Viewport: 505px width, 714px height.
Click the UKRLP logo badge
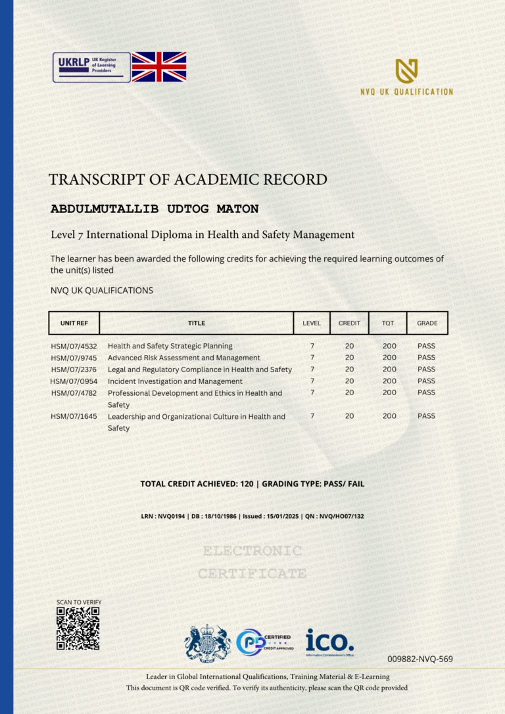pyautogui.click(x=91, y=67)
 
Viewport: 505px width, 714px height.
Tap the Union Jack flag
pyautogui.click(x=159, y=67)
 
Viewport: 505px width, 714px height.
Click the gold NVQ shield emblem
pyautogui.click(x=406, y=70)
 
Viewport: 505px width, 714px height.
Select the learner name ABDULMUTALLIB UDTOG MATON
pyautogui.click(x=155, y=209)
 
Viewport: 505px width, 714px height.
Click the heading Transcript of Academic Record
pyautogui.click(x=187, y=179)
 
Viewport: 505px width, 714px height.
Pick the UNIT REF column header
pyautogui.click(x=74, y=323)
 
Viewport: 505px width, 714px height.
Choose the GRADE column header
pyautogui.click(x=427, y=323)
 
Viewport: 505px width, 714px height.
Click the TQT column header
pyautogui.click(x=388, y=323)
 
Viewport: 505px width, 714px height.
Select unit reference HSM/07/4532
pyautogui.click(x=74, y=346)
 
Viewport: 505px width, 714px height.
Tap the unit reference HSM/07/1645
pyautogui.click(x=74, y=416)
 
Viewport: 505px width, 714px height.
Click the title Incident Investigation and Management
pyautogui.click(x=175, y=381)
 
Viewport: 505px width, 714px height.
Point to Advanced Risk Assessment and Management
pyautogui.click(x=184, y=358)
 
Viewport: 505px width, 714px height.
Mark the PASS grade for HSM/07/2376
pyautogui.click(x=426, y=369)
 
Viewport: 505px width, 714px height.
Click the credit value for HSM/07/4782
pyautogui.click(x=349, y=393)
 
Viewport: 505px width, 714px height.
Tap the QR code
pyautogui.click(x=78, y=629)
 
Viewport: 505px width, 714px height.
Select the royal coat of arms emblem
pyautogui.click(x=207, y=642)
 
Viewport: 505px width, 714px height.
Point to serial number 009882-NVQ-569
pyautogui.click(x=420, y=659)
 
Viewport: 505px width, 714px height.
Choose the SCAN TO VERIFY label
pyautogui.click(x=79, y=602)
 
